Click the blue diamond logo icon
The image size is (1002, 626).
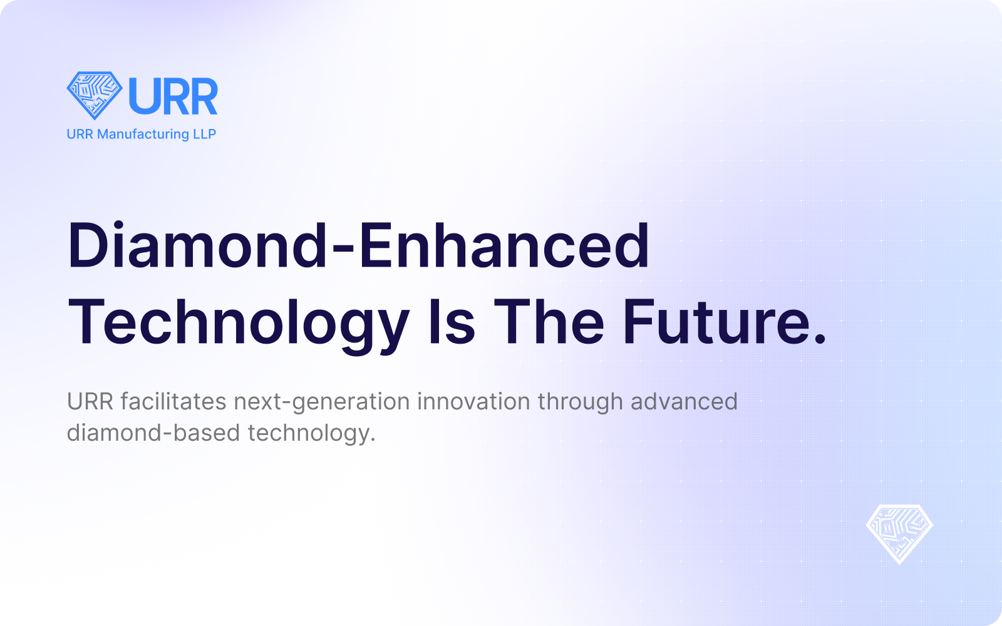pos(95,95)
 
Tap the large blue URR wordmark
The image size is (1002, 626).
pos(173,96)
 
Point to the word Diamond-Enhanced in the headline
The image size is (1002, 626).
pos(358,245)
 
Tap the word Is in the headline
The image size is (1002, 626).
pos(452,322)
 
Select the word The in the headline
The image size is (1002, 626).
pos(549,322)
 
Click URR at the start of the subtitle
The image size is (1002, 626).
pos(90,401)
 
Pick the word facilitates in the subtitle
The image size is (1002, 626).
pos(173,401)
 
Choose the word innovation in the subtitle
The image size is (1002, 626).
pos(473,401)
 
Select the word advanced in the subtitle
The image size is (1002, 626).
pos(684,401)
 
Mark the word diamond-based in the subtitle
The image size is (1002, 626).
pos(153,433)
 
